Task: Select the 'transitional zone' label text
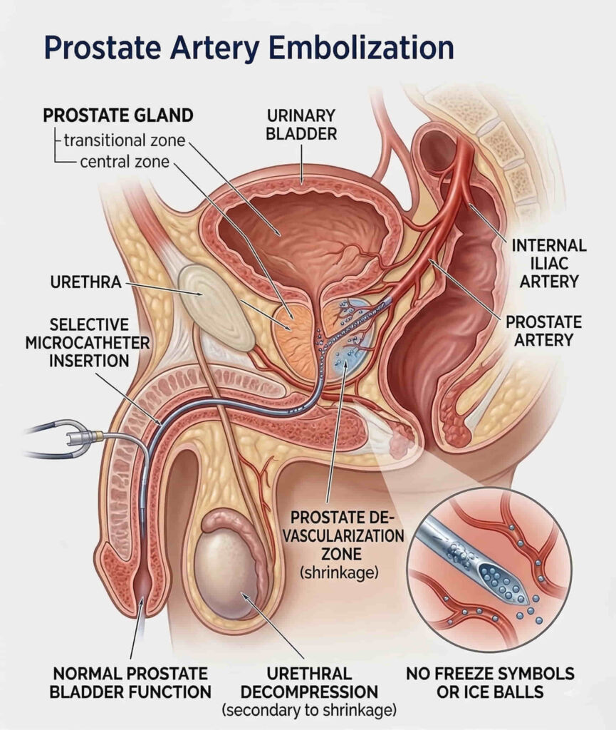point(125,140)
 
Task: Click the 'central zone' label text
point(125,162)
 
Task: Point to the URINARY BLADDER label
point(301,124)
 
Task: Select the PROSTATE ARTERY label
point(543,330)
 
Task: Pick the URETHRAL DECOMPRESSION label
point(308,682)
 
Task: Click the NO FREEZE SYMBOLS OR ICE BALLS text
point(489,682)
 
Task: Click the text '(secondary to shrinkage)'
point(308,710)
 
